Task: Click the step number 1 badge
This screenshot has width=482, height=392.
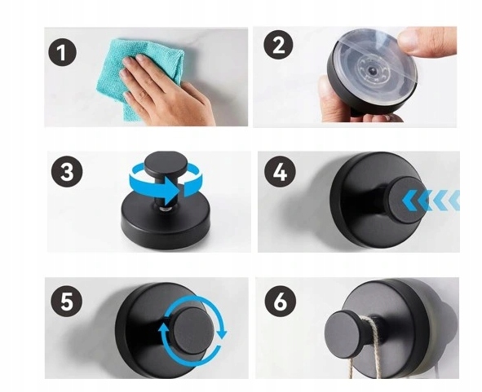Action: (x=62, y=52)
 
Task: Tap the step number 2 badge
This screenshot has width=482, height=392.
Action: (x=278, y=45)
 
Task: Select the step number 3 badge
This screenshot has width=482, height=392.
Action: (x=67, y=171)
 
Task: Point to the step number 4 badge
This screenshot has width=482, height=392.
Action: (x=280, y=172)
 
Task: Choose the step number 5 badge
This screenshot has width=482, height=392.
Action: (x=67, y=301)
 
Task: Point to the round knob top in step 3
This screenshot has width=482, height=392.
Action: (x=166, y=164)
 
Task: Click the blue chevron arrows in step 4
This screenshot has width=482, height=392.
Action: (x=431, y=200)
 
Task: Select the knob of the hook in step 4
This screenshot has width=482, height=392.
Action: (x=406, y=200)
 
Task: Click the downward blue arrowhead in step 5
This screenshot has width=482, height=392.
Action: (x=222, y=333)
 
